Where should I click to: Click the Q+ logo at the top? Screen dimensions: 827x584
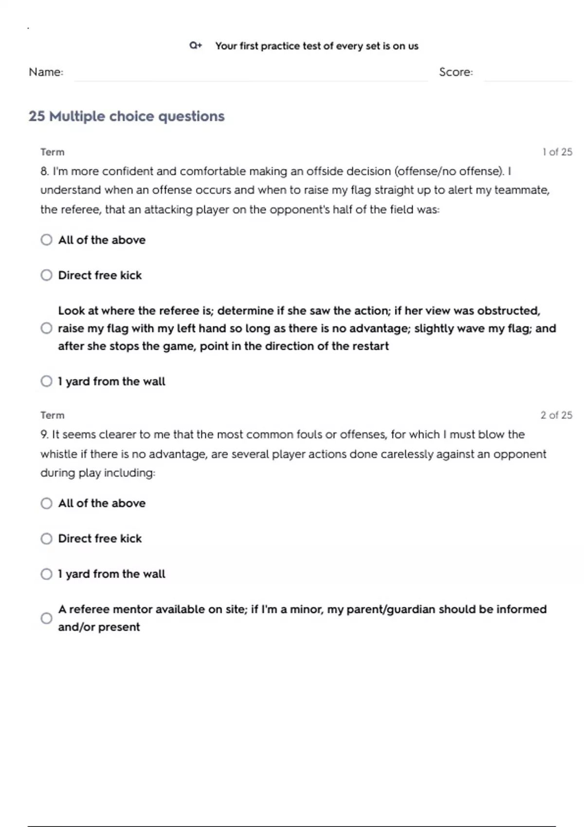(x=195, y=46)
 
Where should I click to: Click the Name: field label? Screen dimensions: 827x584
(x=46, y=72)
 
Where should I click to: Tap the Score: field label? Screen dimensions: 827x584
(x=456, y=72)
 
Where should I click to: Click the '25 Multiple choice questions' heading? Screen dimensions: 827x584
(x=127, y=116)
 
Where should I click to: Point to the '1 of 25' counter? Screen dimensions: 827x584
(x=557, y=152)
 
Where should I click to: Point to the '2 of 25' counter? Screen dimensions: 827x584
(x=556, y=415)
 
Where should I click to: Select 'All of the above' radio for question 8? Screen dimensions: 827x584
(x=46, y=240)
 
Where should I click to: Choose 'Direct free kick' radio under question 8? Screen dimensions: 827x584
(x=46, y=275)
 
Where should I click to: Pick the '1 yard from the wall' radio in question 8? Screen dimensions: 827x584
(x=46, y=381)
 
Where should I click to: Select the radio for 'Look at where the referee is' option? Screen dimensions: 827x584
(x=46, y=328)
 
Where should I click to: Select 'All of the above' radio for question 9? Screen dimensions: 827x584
(x=46, y=503)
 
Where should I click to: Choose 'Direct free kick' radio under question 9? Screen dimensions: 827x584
(x=46, y=539)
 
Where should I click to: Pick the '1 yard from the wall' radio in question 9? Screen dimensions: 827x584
(x=46, y=574)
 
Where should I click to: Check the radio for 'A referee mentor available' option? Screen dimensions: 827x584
(x=46, y=618)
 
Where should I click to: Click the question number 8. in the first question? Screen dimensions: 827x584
(x=45, y=171)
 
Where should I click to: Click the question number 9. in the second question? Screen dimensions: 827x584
(x=45, y=434)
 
